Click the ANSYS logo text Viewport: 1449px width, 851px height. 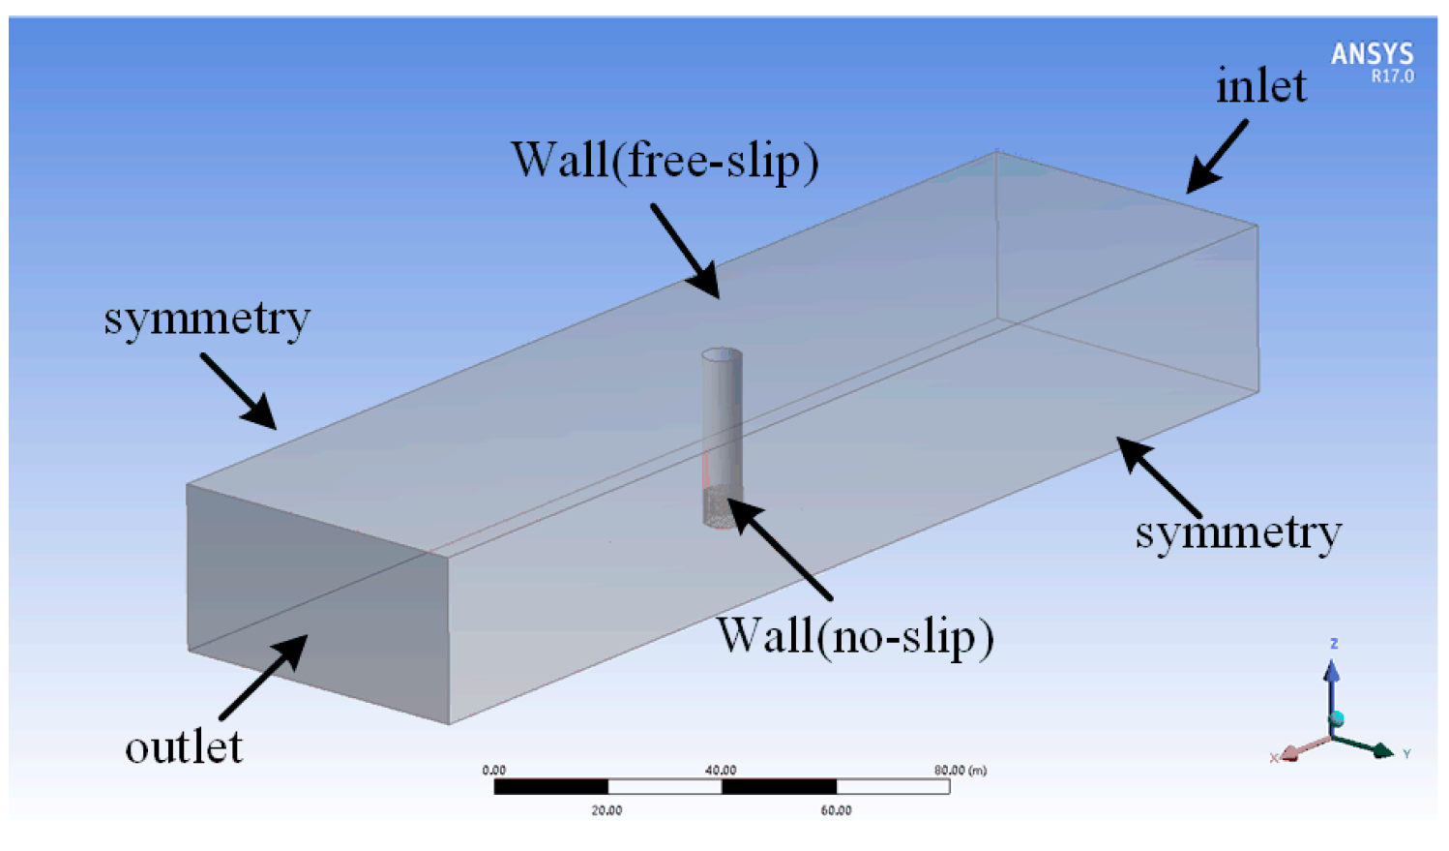[x=1372, y=53]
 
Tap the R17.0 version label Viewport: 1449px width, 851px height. [x=1392, y=76]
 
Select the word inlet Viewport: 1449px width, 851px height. [x=1260, y=86]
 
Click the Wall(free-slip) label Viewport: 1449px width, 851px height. [x=665, y=161]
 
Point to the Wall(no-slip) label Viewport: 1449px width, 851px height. [x=855, y=636]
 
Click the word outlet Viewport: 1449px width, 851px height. [x=184, y=746]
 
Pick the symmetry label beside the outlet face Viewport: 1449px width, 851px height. [x=207, y=319]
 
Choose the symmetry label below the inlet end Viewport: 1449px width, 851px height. [x=1238, y=532]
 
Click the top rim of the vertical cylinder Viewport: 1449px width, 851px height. [x=722, y=355]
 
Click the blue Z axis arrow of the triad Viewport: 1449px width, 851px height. [x=1332, y=678]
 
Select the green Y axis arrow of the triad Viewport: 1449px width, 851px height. [x=1374, y=747]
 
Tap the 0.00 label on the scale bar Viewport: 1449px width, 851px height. [x=493, y=771]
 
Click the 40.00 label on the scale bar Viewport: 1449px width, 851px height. [x=721, y=771]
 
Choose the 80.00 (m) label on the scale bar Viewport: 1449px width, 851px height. [x=960, y=771]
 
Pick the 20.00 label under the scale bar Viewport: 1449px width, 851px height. [x=606, y=810]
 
